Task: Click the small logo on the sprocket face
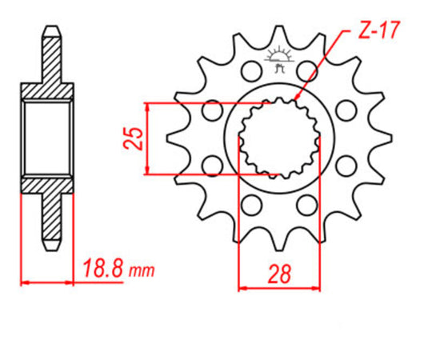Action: point(278,60)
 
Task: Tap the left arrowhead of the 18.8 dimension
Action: point(24,282)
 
